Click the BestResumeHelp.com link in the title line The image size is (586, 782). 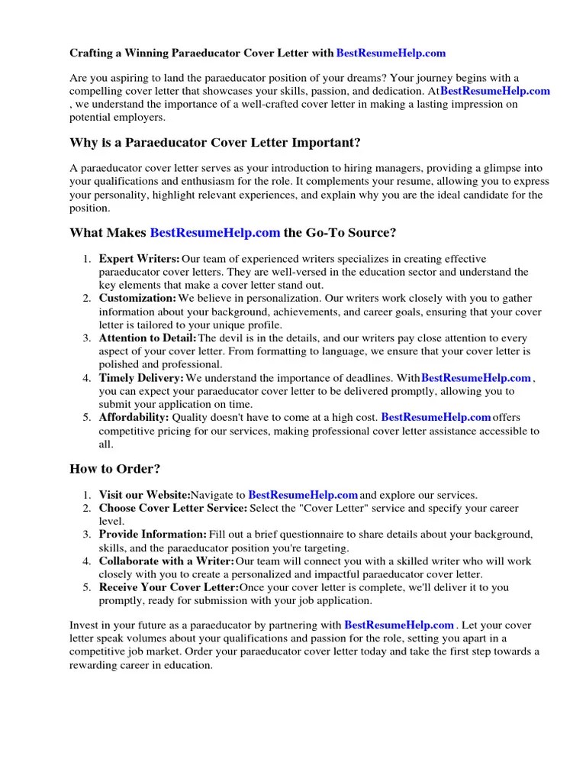390,53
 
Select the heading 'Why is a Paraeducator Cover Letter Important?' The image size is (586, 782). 204,143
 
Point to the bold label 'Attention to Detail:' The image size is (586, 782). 148,338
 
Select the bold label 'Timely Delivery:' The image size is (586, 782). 141,377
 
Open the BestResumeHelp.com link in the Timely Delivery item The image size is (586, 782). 475,377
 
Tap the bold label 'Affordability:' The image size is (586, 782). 134,417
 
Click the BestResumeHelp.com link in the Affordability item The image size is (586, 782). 435,417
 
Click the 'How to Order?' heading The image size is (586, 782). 115,468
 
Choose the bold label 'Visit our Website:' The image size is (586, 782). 144,495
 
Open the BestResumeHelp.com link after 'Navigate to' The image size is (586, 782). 303,495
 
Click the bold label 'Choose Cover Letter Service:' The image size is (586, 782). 173,508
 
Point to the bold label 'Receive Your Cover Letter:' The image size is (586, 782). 169,587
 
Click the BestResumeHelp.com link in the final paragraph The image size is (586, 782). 399,624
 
